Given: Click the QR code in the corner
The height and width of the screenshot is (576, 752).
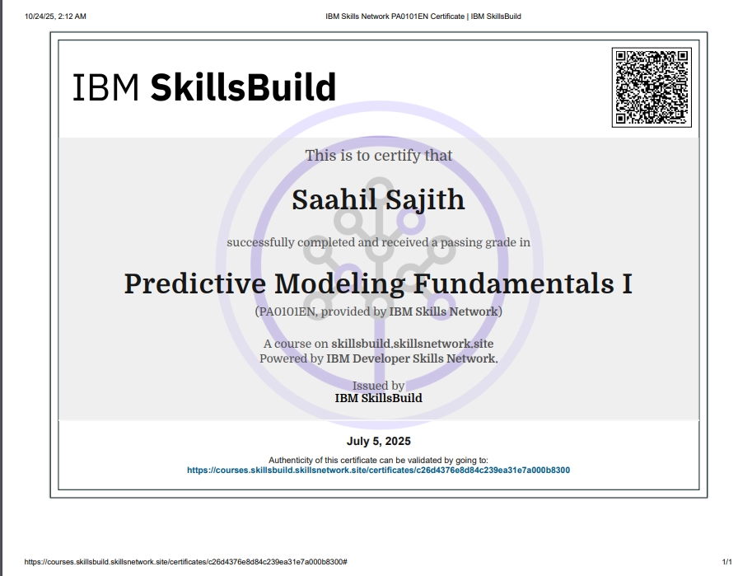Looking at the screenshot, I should coord(651,87).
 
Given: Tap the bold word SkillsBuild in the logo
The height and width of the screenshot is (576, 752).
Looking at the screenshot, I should coord(243,87).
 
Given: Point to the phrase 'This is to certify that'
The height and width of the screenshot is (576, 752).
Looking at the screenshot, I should coord(378,155).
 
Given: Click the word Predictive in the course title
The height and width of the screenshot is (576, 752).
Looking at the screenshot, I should coord(195,283).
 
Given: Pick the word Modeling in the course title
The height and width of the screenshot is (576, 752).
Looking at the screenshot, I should coord(339,283).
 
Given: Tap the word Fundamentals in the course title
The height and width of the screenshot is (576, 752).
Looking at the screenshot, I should coord(511,283).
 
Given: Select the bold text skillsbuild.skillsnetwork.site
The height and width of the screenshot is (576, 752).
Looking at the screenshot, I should coord(412,344).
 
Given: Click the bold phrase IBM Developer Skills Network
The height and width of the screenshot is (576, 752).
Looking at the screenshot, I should coord(412,358).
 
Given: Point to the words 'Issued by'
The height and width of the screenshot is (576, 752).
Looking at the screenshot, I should coord(378,386).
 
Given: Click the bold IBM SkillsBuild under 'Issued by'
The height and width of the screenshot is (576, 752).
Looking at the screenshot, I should coord(378,398).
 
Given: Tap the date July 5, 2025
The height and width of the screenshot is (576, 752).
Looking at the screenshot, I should coord(378,442).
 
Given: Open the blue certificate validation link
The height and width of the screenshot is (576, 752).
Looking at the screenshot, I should coord(378,471).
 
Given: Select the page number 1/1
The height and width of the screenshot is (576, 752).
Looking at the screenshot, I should coord(726,561).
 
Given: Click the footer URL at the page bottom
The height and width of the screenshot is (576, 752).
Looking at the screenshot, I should coord(185,561).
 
